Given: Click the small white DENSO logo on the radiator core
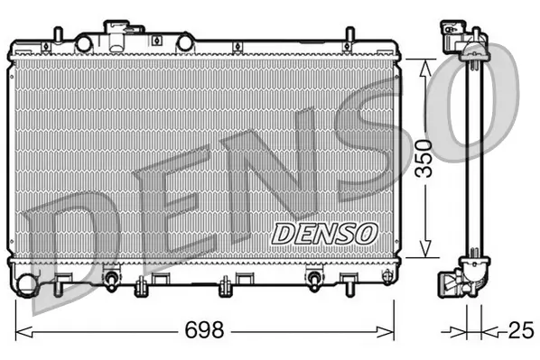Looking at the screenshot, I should pyautogui.click(x=323, y=232).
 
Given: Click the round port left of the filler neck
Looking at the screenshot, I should pyautogui.click(x=84, y=42).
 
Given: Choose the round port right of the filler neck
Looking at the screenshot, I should pyautogui.click(x=185, y=42).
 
